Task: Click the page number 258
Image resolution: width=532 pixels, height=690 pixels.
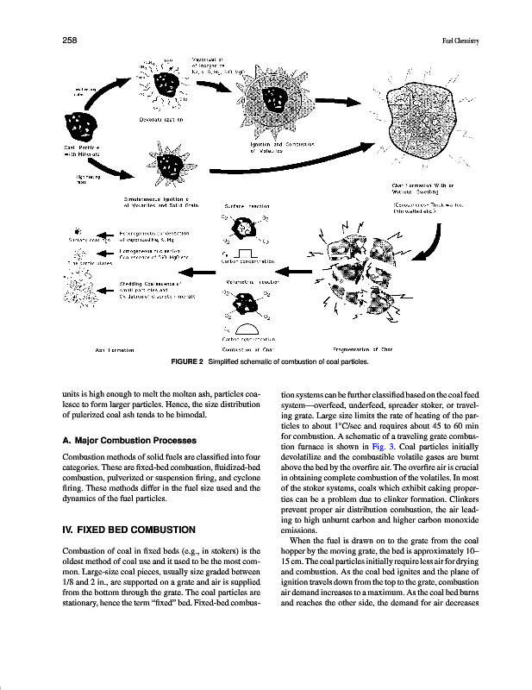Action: [69, 40]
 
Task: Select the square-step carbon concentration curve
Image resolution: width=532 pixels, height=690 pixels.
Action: [247, 252]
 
